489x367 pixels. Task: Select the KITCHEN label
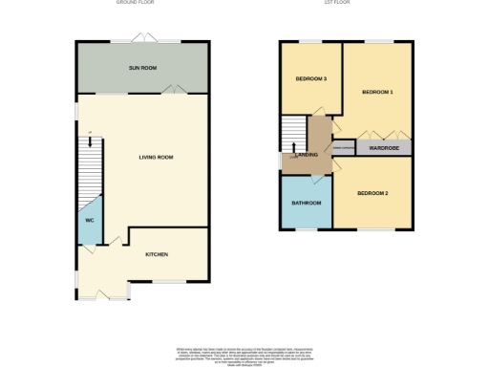[x=157, y=255]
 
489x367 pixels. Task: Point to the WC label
[x=89, y=221]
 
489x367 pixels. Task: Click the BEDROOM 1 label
[x=377, y=92]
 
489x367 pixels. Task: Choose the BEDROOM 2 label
[x=373, y=194]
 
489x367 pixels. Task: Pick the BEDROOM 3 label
[x=311, y=78]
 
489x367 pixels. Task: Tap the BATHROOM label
[x=307, y=204]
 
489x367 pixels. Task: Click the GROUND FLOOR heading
[x=136, y=4]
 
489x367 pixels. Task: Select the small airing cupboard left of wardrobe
[x=343, y=148]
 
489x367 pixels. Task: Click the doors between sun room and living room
[x=173, y=92]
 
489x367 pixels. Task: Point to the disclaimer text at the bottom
[x=244, y=355]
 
